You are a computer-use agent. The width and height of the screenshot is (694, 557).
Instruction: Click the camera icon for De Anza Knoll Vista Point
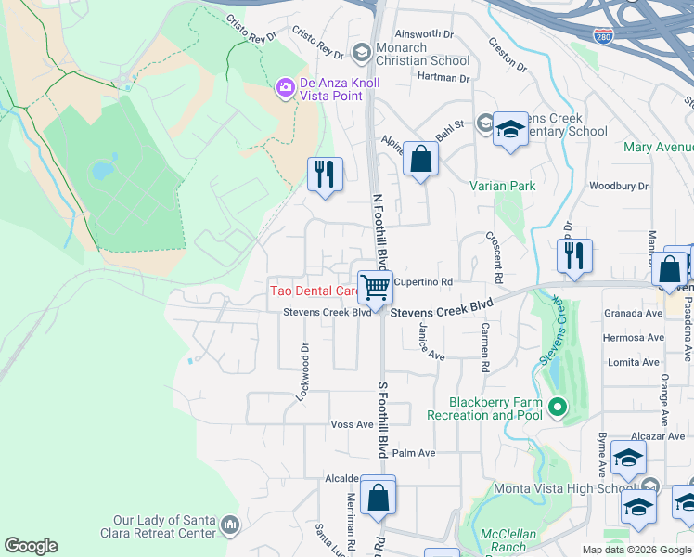285,87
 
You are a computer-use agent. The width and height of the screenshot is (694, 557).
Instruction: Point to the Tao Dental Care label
314,291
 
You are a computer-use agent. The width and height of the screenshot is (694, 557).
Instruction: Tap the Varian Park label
502,186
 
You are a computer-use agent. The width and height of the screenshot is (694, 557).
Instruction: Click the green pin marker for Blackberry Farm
557,406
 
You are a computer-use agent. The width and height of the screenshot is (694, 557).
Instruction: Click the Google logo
31,546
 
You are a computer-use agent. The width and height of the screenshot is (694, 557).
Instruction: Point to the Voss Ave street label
352,424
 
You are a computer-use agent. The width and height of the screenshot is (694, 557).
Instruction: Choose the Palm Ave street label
414,453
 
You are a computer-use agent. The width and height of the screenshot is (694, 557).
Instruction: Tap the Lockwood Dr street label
302,371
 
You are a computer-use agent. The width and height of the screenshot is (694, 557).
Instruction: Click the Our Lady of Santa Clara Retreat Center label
166,527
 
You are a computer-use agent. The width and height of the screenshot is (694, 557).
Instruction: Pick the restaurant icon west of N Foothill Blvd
325,174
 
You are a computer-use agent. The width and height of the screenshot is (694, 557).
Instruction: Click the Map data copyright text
637,550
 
